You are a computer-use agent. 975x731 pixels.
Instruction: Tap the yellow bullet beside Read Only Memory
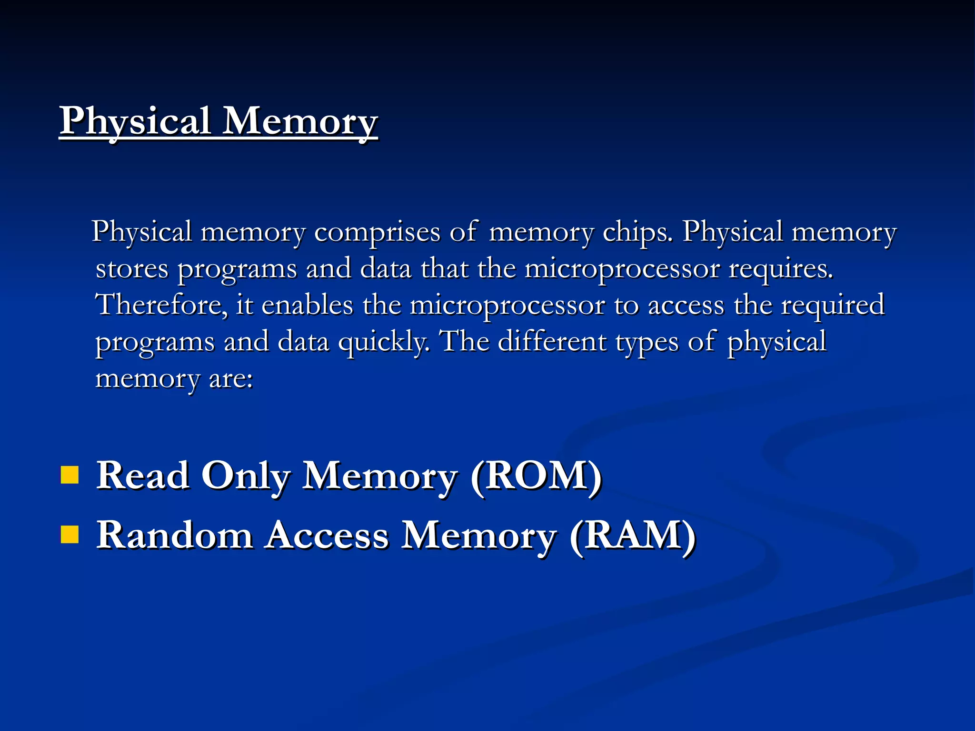pyautogui.click(x=70, y=474)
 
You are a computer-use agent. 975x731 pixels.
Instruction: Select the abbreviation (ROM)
pyautogui.click(x=536, y=475)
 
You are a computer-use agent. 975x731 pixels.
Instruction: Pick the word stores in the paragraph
pyautogui.click(x=132, y=269)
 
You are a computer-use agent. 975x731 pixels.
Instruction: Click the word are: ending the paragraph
pyautogui.click(x=231, y=379)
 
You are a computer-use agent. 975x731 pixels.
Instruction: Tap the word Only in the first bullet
pyautogui.click(x=246, y=475)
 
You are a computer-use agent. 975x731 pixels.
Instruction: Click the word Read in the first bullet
pyautogui.click(x=142, y=475)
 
